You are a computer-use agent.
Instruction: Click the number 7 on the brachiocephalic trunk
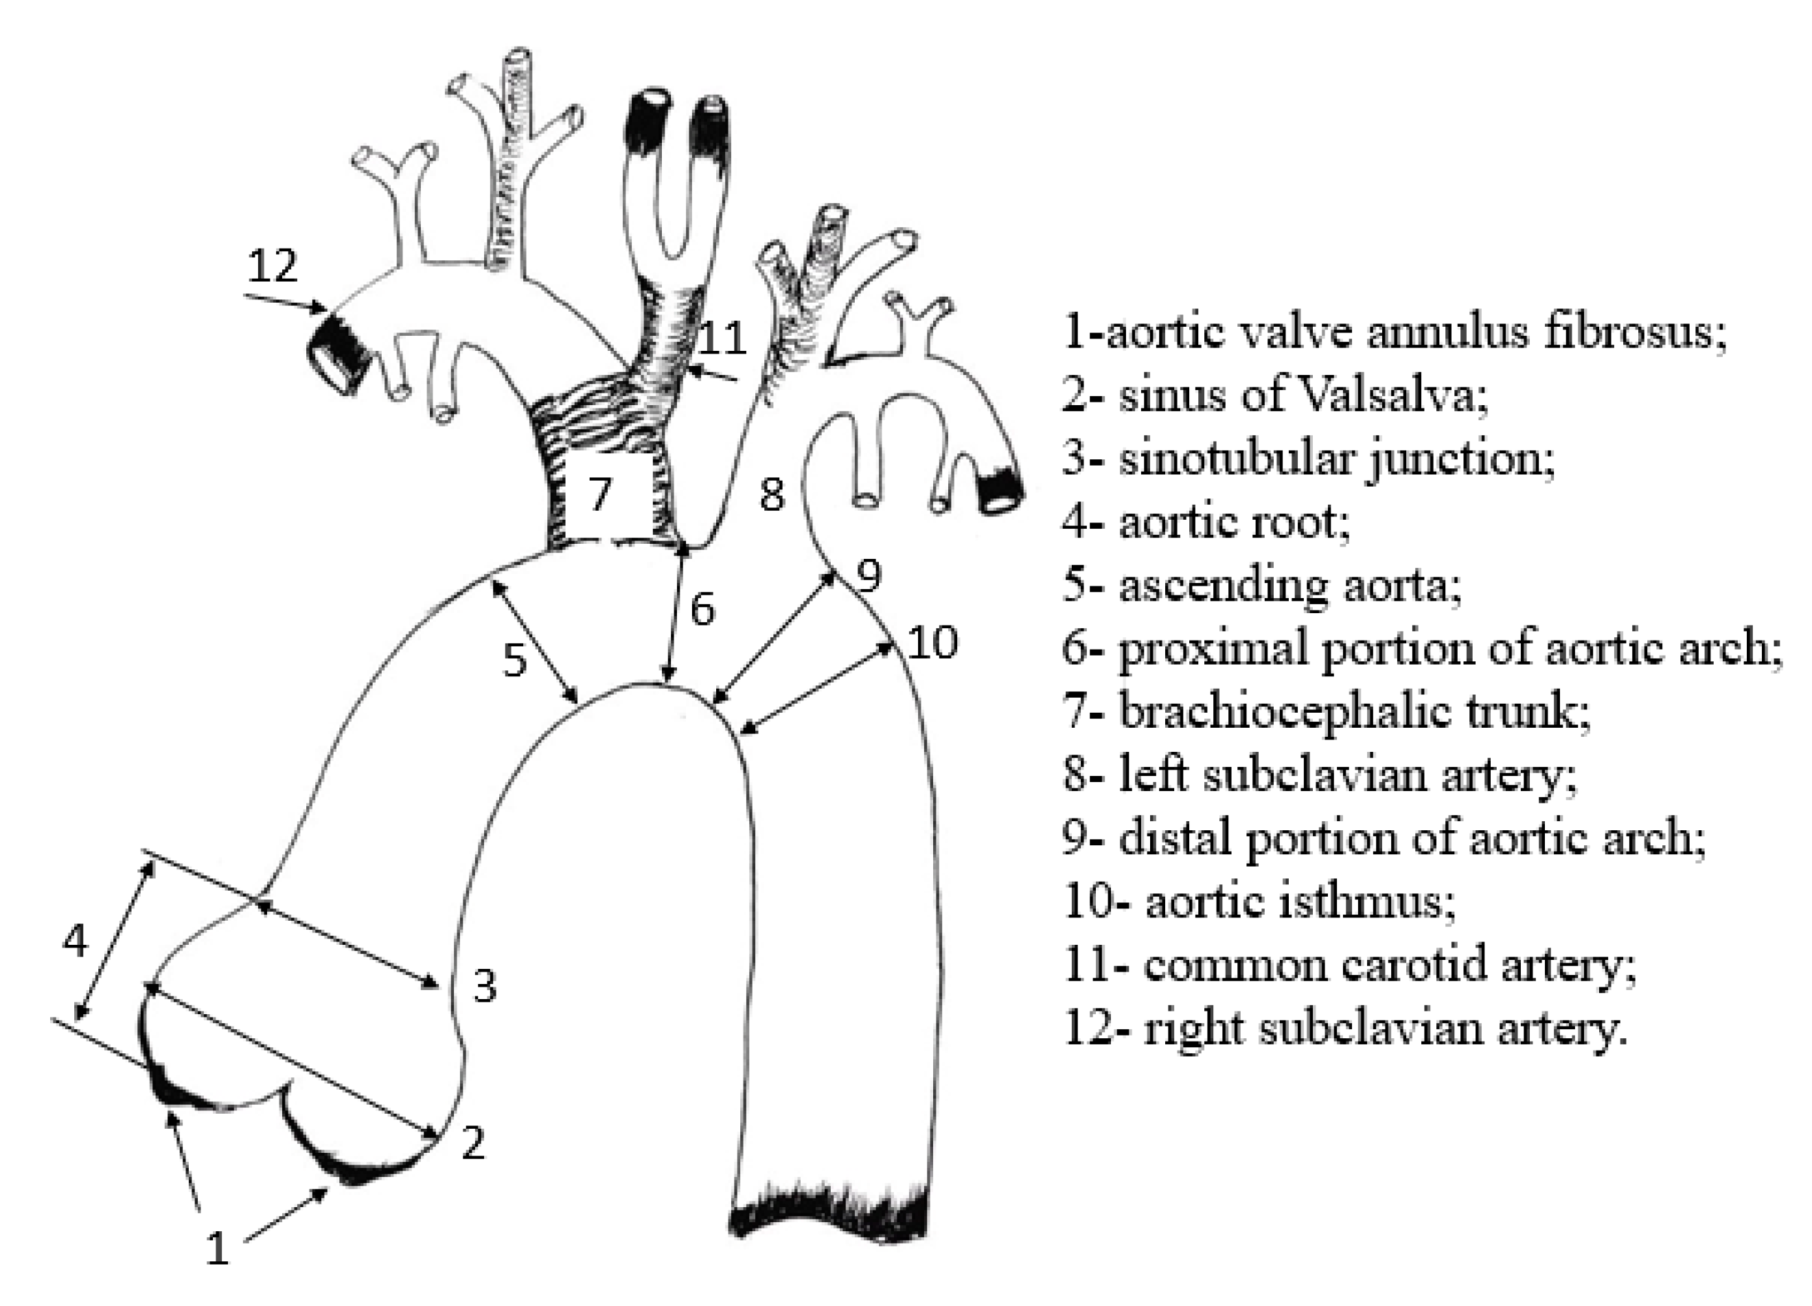[600, 493]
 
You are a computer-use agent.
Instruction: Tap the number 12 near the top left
[273, 265]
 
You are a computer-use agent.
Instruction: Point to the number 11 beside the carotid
[722, 339]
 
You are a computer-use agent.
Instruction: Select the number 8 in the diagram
[771, 494]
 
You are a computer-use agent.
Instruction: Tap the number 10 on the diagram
[932, 642]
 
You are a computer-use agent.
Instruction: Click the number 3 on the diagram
[484, 986]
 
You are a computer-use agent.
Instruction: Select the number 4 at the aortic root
[74, 941]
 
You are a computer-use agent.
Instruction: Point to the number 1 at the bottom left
[217, 1248]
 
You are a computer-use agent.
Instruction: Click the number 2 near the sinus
[473, 1143]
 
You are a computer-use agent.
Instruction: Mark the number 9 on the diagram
[869, 574]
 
